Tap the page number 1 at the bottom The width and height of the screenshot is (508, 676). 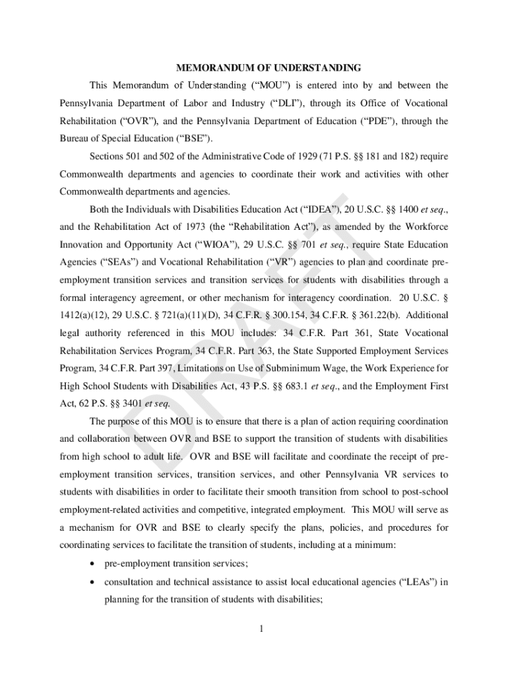tap(261, 628)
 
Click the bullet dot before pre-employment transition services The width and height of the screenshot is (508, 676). tap(96, 564)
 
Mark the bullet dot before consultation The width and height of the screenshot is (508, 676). tap(96, 582)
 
